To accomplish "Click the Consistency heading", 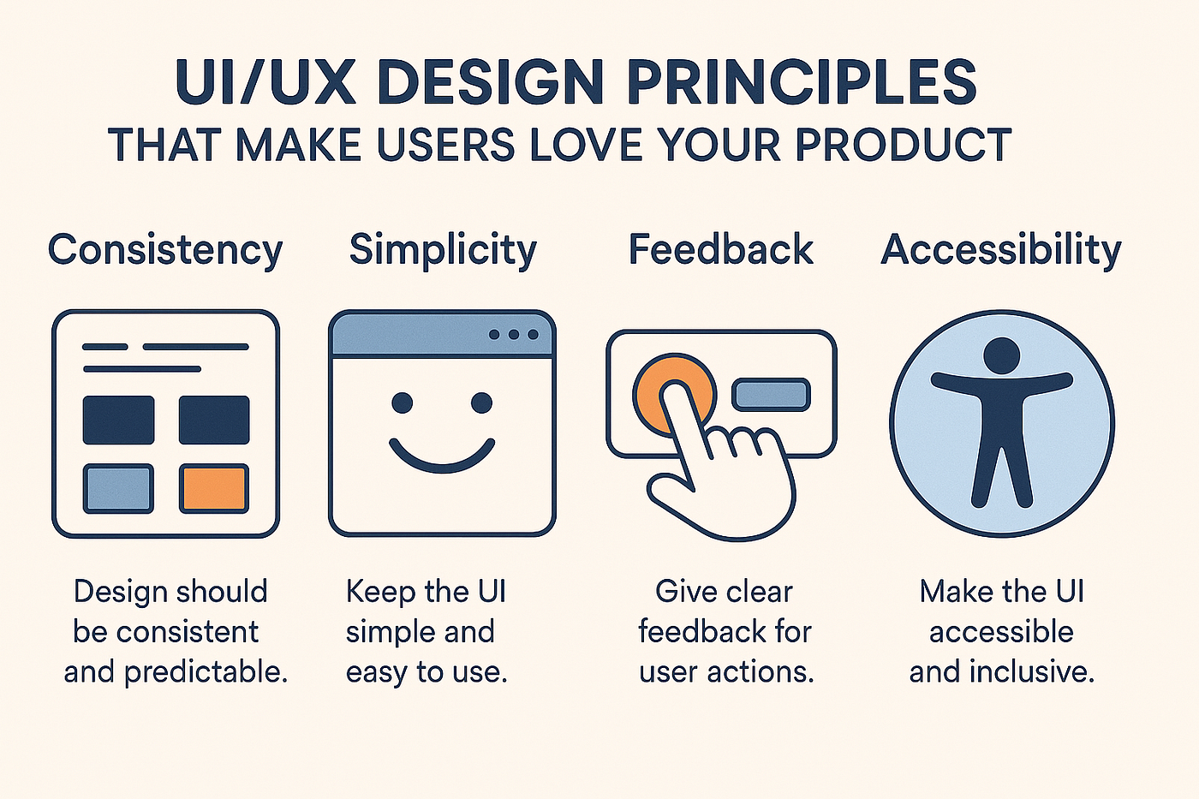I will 164,250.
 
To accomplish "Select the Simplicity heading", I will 443,250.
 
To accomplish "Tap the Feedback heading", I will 721,250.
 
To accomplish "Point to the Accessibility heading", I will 1001,250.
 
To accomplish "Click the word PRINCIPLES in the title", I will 802,83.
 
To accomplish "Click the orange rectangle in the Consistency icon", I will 214,488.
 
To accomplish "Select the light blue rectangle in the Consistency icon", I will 118,488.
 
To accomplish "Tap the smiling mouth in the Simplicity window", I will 442,455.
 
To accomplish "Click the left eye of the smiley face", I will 403,402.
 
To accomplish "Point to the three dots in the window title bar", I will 514,334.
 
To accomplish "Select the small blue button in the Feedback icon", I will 771,395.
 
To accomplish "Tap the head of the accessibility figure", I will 1001,355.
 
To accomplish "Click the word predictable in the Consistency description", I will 206,672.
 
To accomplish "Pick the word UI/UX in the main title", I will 265,83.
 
